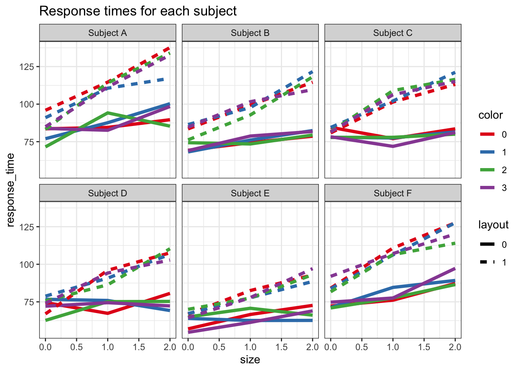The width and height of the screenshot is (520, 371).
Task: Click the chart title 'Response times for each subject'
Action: pos(138,11)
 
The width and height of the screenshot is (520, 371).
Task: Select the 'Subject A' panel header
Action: pos(108,33)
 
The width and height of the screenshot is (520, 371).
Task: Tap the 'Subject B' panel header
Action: pos(250,33)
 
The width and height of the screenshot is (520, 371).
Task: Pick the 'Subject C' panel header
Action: pos(393,33)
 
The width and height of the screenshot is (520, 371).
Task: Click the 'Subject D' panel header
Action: pos(108,193)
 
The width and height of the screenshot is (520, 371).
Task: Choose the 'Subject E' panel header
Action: pos(250,193)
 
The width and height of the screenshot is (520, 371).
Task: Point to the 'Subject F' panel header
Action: pos(393,193)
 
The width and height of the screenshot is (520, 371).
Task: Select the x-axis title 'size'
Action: pos(250,360)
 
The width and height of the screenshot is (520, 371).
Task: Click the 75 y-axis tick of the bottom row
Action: pos(29,302)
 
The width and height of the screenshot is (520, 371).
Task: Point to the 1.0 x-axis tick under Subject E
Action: pos(250,347)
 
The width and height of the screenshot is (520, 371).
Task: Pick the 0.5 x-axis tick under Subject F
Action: pos(362,347)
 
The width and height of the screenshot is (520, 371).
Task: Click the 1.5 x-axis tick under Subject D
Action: pos(139,347)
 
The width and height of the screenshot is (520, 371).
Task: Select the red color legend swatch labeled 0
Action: pos(487,134)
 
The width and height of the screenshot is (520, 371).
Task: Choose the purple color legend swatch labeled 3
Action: pos(487,188)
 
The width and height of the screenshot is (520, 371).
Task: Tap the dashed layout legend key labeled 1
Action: pos(487,262)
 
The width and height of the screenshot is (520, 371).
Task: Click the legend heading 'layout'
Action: pos(493,225)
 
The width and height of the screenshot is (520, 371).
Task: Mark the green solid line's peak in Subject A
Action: pos(108,113)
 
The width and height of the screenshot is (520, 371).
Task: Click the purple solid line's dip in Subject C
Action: pos(393,146)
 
